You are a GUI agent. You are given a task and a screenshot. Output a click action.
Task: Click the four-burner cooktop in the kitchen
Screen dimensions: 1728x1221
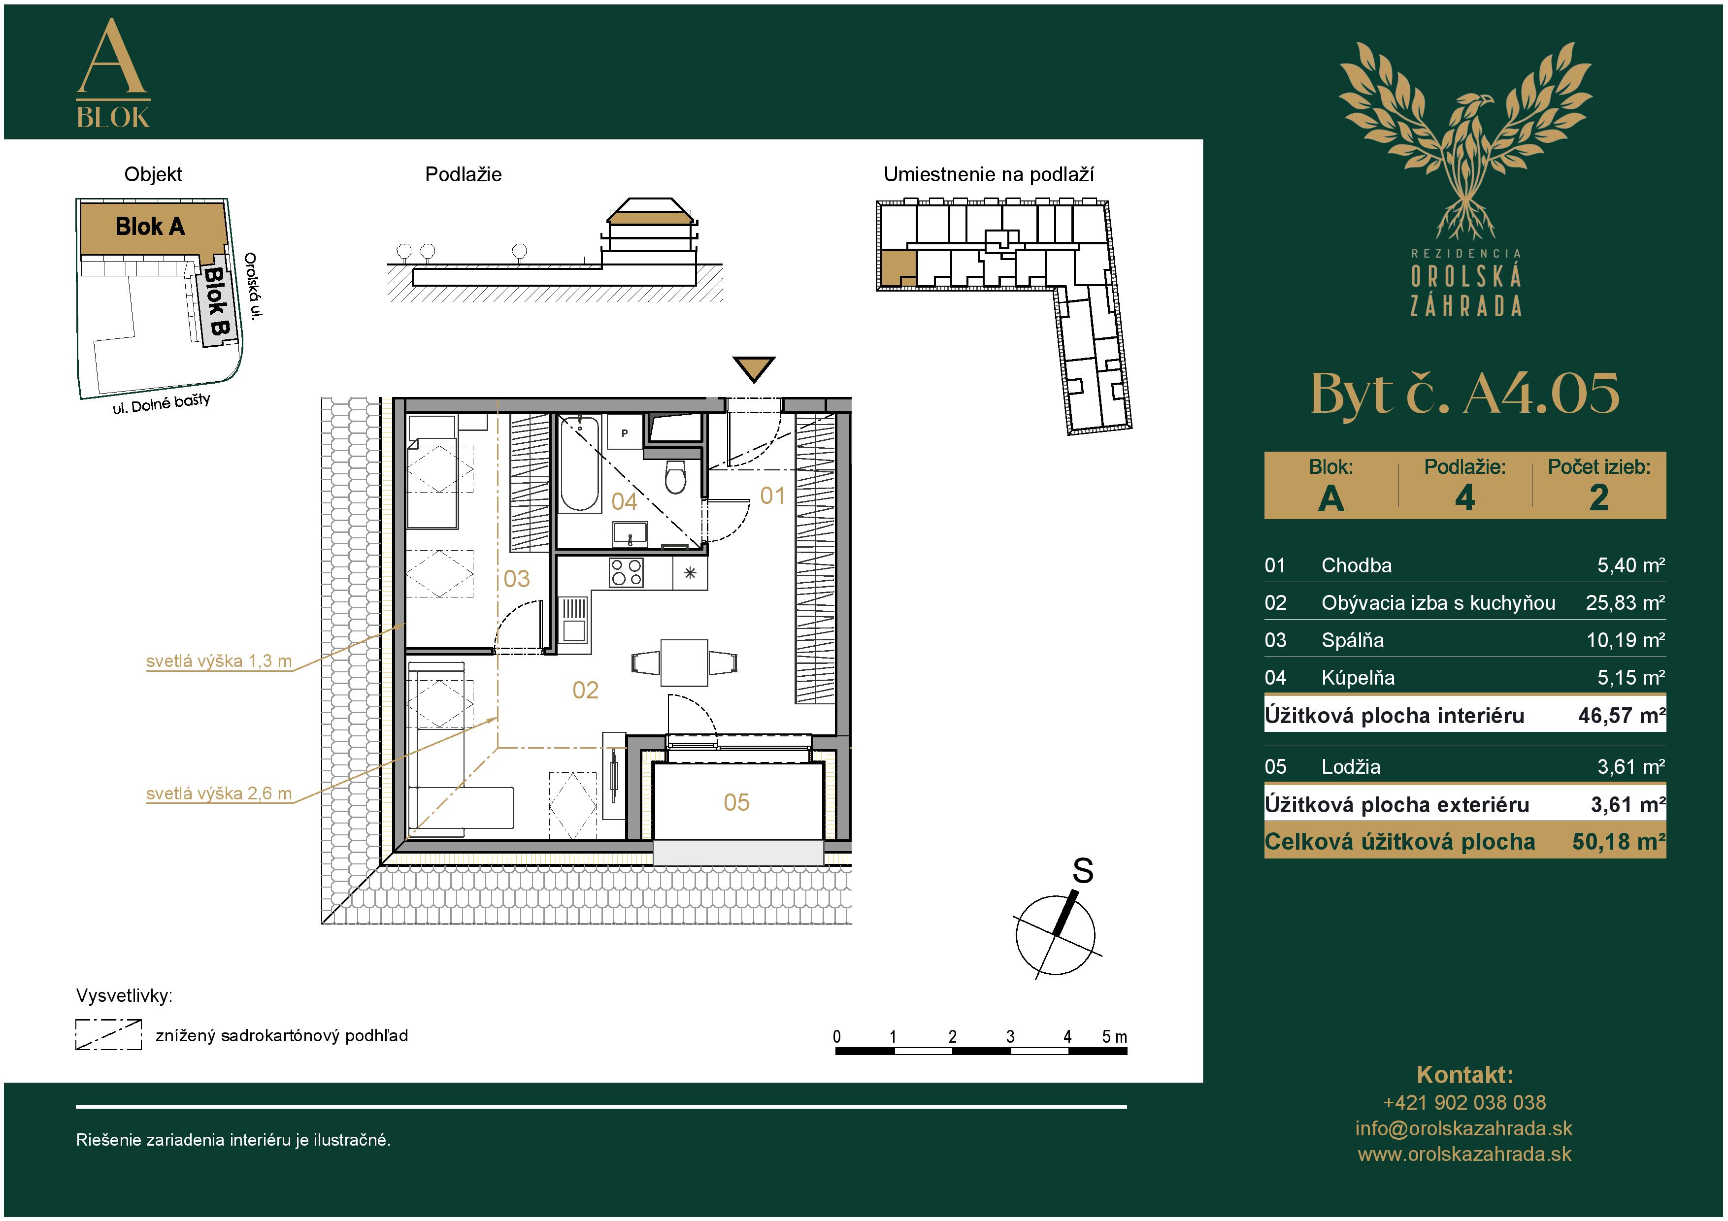coord(626,572)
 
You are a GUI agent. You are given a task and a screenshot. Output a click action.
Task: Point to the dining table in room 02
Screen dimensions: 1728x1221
coord(684,663)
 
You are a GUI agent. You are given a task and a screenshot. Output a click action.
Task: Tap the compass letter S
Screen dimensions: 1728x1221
coord(1082,871)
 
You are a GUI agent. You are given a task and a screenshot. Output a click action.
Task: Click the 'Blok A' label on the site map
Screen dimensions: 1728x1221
coord(150,227)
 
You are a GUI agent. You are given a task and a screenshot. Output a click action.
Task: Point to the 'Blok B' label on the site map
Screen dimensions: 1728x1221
coord(216,301)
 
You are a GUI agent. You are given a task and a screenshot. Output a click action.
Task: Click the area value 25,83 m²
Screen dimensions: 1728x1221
coord(1625,602)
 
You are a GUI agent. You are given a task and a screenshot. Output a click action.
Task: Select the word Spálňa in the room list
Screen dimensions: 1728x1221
coord(1353,640)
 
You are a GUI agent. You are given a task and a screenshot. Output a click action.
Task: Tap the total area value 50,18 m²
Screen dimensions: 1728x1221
coord(1618,842)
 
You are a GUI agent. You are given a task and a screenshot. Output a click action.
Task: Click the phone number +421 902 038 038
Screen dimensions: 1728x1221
coord(1464,1103)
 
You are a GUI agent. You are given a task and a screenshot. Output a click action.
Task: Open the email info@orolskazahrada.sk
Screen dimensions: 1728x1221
coord(1464,1128)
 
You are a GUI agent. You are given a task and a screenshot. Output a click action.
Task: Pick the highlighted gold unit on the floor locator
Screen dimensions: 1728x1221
coord(898,268)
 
